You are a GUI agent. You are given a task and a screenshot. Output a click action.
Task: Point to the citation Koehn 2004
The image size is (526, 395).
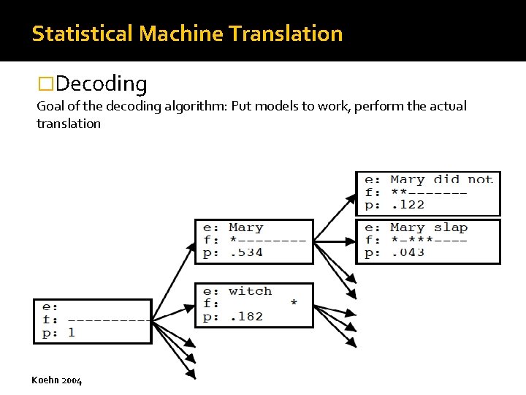pyautogui.click(x=57, y=380)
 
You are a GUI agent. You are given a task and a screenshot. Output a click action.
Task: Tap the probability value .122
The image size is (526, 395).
pyautogui.click(x=407, y=205)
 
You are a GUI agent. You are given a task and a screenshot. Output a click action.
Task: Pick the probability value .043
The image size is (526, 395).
pyautogui.click(x=407, y=252)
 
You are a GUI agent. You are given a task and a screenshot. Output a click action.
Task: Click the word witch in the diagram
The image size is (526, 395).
pyautogui.click(x=250, y=291)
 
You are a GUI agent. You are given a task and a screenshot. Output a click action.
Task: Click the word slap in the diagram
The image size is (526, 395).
pyautogui.click(x=451, y=227)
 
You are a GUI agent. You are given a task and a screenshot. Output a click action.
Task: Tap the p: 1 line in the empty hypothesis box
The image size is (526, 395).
pyautogui.click(x=59, y=332)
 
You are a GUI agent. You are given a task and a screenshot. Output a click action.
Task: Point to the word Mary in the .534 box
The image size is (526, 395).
pyautogui.click(x=245, y=227)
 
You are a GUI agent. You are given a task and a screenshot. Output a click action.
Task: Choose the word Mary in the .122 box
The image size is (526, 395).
pyautogui.click(x=407, y=180)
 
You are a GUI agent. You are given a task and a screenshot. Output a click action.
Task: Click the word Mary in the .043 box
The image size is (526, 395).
pyautogui.click(x=407, y=227)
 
